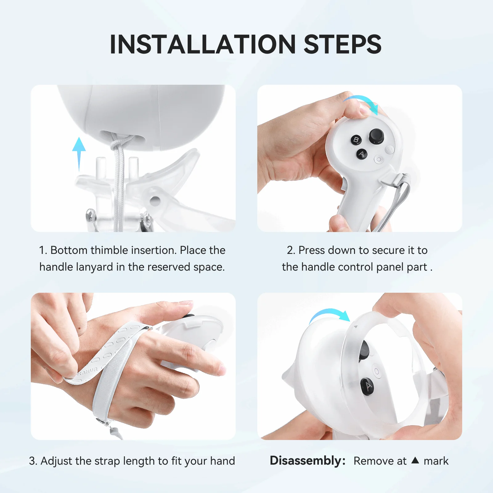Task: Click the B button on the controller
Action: coord(356,140)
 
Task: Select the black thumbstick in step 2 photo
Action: coord(376,136)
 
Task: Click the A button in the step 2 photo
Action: coord(362,154)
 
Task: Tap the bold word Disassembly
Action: coord(307,461)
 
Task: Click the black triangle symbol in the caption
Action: coord(415,460)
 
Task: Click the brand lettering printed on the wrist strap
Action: coord(87,371)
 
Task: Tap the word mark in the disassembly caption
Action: coord(436,461)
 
